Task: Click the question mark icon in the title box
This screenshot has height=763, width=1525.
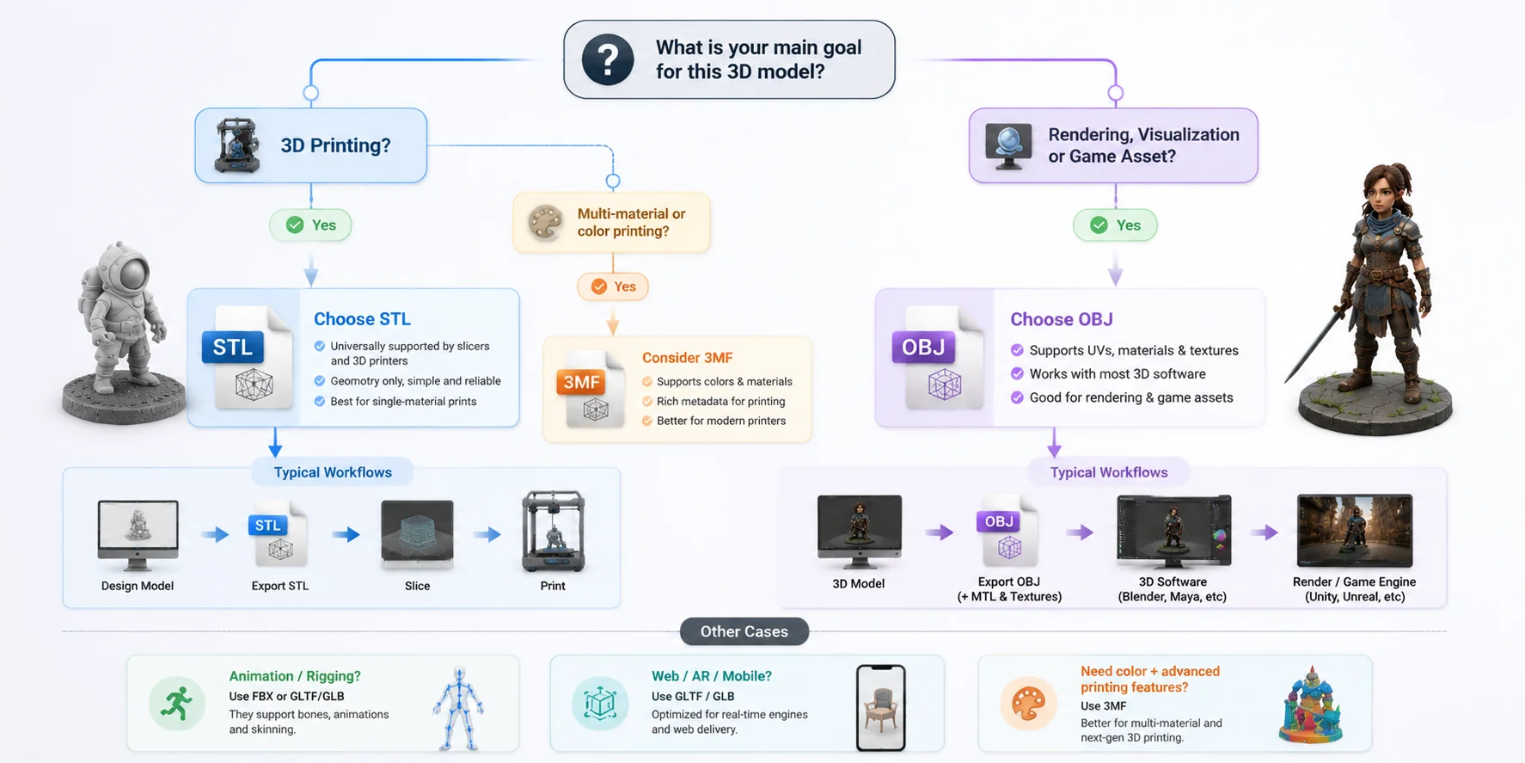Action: [608, 59]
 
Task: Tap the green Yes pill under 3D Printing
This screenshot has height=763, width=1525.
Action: [310, 225]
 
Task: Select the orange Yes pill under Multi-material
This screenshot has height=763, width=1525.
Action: [612, 286]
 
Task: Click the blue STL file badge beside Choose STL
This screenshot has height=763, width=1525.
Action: [232, 348]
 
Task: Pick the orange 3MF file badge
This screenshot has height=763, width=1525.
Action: [581, 382]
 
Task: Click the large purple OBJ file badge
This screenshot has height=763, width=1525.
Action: [923, 348]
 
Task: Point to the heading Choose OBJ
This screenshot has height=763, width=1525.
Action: [1062, 319]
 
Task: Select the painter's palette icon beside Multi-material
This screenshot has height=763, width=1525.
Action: [545, 222]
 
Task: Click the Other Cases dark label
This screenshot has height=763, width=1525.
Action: [744, 631]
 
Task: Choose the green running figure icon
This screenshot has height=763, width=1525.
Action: [177, 704]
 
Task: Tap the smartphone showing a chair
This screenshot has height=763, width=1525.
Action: [881, 708]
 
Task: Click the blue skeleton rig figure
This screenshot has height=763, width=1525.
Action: [458, 709]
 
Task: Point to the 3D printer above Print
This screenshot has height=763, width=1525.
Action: [554, 531]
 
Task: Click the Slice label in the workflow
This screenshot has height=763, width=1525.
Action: [417, 586]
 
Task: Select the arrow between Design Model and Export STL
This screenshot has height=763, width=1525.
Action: [215, 535]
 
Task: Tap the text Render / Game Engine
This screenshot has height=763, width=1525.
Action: [1354, 581]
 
